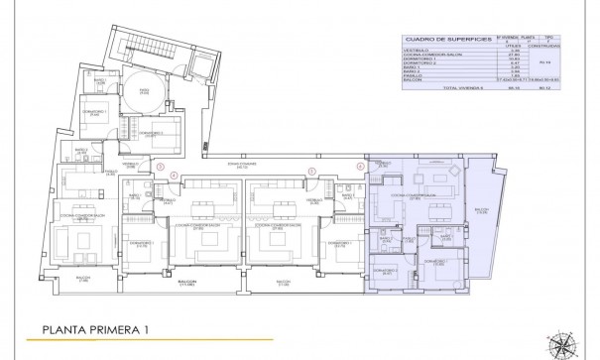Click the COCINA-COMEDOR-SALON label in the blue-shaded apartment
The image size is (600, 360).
413,195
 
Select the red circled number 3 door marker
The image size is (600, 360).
160,168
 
